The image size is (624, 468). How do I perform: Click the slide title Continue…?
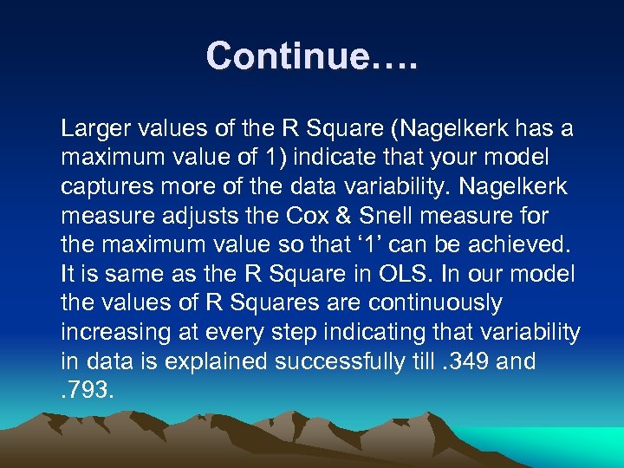311,56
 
